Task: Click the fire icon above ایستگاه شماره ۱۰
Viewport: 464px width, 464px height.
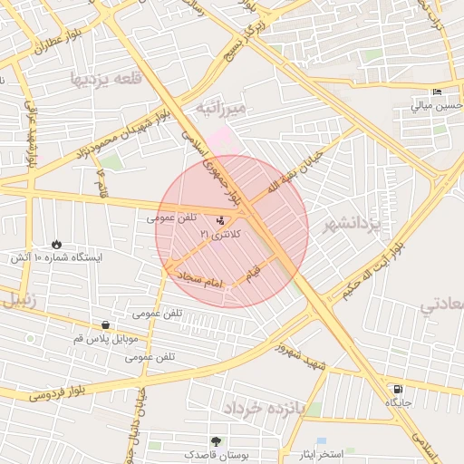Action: point(56,244)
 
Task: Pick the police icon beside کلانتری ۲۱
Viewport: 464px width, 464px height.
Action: point(221,219)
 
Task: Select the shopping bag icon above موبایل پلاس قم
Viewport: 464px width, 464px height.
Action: point(106,325)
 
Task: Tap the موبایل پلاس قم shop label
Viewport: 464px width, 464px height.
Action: point(105,338)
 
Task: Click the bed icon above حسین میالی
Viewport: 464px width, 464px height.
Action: point(437,92)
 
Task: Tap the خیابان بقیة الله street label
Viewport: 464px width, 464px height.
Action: point(301,169)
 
